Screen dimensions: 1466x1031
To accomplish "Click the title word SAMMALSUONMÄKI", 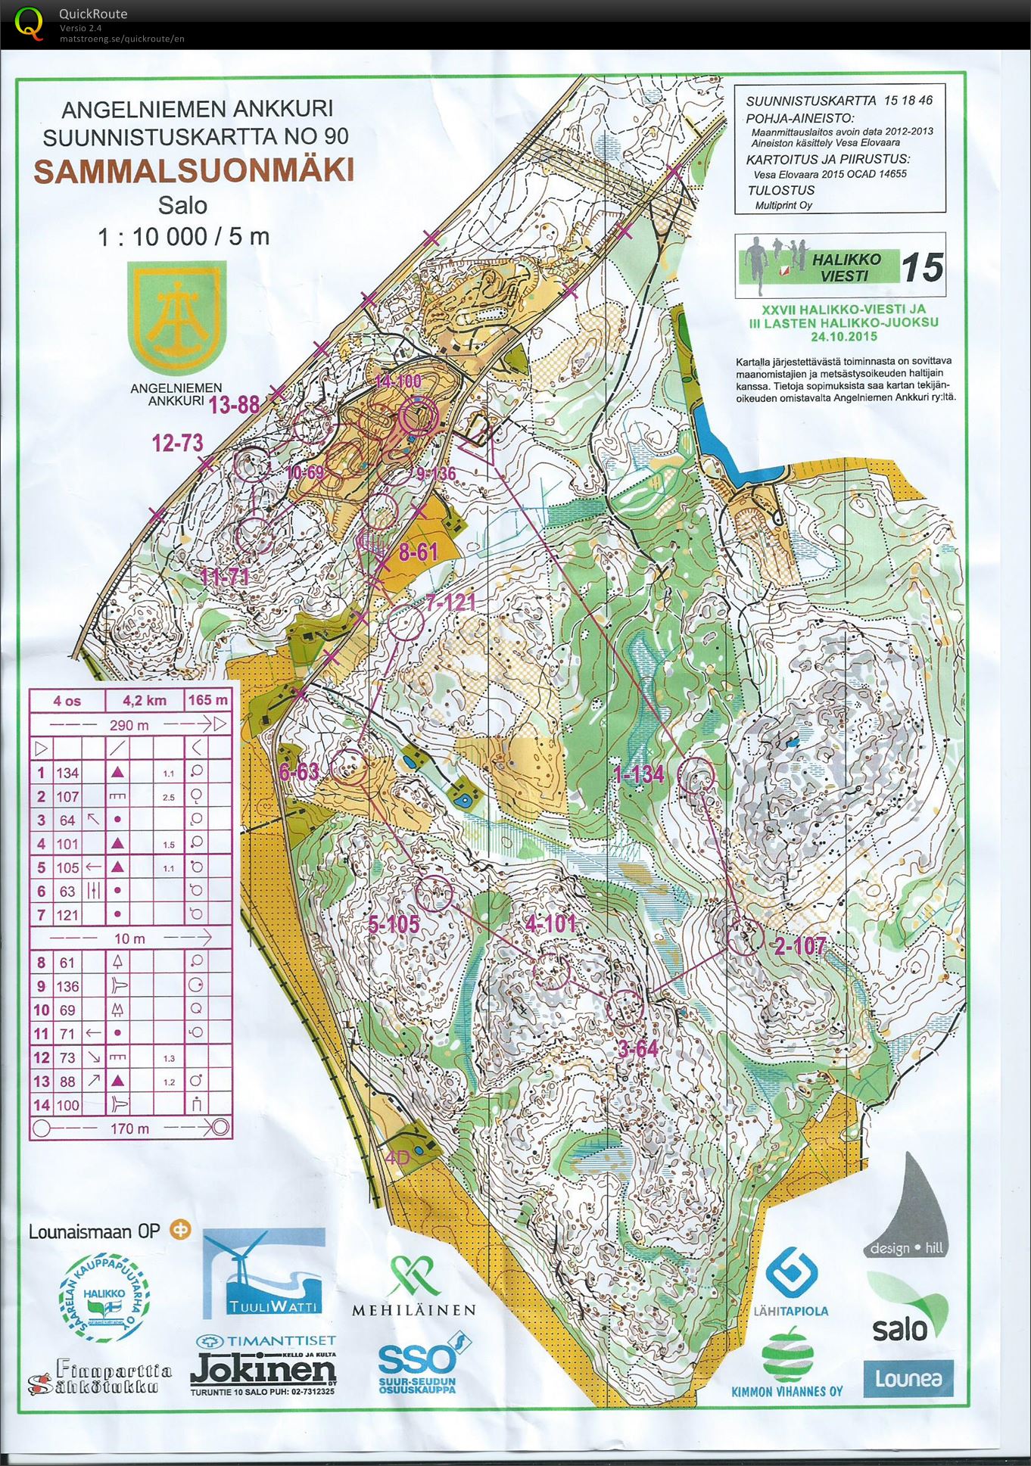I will [194, 171].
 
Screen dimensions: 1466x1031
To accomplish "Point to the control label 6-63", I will [298, 771].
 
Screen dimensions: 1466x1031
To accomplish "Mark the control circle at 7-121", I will [406, 622].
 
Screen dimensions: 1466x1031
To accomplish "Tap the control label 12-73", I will [177, 443].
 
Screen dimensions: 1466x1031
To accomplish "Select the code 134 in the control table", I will [67, 773].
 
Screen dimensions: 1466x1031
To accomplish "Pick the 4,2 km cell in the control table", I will [145, 701].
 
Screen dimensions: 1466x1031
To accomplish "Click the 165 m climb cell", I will [207, 701].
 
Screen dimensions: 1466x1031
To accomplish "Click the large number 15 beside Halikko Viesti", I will [923, 268].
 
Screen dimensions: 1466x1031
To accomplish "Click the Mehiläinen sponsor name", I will [413, 1310].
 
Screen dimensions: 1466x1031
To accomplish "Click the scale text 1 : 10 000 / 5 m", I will [183, 237].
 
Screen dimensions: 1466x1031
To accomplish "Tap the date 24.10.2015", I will [843, 337].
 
